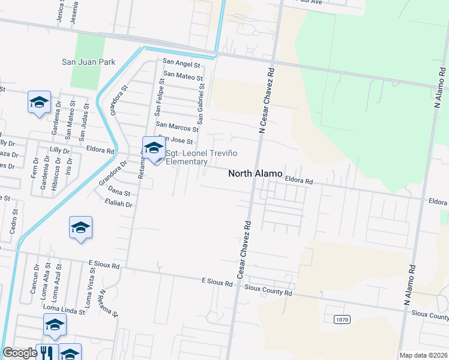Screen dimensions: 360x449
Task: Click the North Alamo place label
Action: coord(255,173)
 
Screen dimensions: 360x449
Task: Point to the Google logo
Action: coord(20,353)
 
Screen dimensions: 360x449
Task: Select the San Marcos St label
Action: coord(176,127)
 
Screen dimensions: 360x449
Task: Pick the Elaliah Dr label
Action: coord(118,205)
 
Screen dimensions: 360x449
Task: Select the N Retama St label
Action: coord(110,303)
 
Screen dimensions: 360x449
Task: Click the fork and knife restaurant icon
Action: coord(46,353)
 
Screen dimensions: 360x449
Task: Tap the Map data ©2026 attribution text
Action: coord(423,355)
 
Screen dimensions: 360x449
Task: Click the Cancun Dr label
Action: coord(34,279)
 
